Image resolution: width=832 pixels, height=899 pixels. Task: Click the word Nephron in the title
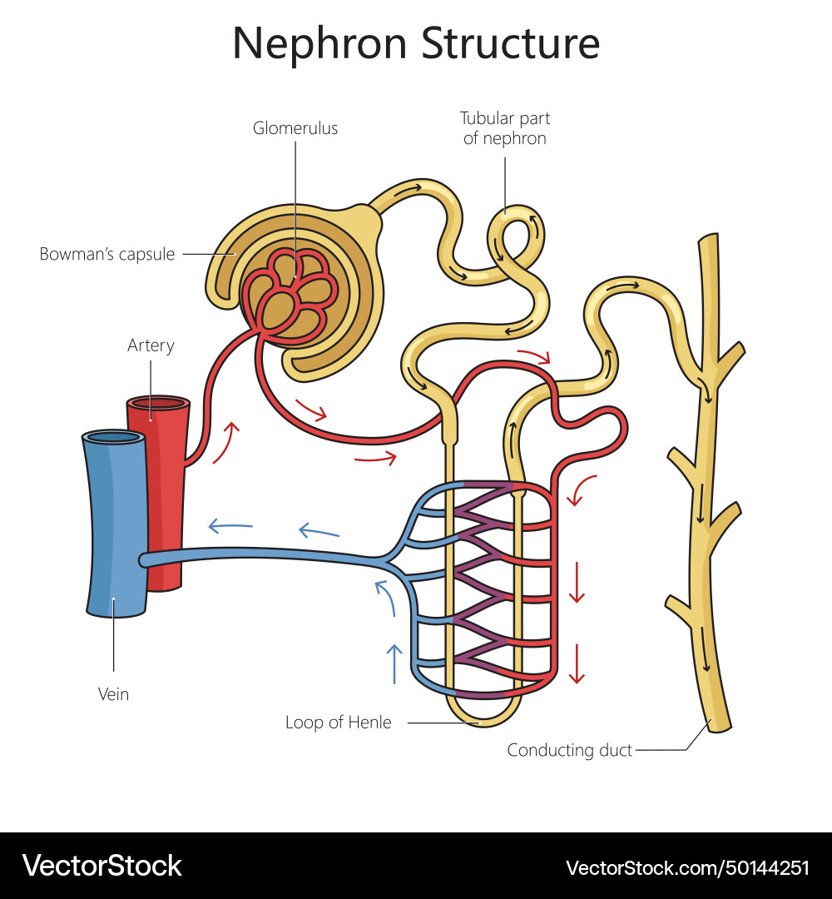click(x=320, y=43)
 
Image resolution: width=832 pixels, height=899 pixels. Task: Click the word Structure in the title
click(x=510, y=43)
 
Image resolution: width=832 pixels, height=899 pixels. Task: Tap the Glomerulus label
click(x=295, y=129)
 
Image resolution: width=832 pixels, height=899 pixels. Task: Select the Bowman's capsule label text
click(x=107, y=254)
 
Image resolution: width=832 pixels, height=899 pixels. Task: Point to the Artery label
click(x=151, y=345)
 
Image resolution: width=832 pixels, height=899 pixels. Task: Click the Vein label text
click(x=113, y=693)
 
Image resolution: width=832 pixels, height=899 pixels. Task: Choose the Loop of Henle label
click(x=338, y=723)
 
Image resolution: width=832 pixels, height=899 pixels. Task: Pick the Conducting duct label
click(x=570, y=750)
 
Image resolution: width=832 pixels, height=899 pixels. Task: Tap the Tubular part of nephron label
click(x=505, y=128)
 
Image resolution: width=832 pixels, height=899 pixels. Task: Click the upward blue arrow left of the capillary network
click(x=394, y=663)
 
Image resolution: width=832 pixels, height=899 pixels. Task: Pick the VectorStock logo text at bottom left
click(x=102, y=866)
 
